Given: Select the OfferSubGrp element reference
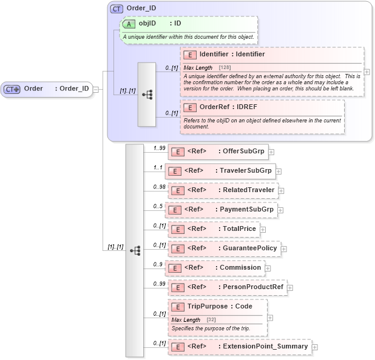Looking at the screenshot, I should pyautogui.click(x=218, y=152).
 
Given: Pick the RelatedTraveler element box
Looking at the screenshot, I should pyautogui.click(x=222, y=190).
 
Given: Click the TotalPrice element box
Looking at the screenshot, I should pyautogui.click(x=214, y=229).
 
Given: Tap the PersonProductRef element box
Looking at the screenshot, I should pyautogui.click(x=227, y=287).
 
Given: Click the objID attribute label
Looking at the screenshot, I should pyautogui.click(x=147, y=24).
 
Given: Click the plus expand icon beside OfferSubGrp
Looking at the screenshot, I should pyautogui.click(x=271, y=152).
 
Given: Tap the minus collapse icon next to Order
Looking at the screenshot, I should pyautogui.click(x=96, y=89).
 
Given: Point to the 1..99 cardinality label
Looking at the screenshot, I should pyautogui.click(x=159, y=148).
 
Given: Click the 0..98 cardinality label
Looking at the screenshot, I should pyautogui.click(x=159, y=187).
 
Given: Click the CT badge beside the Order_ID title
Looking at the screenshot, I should pyautogui.click(x=117, y=8).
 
